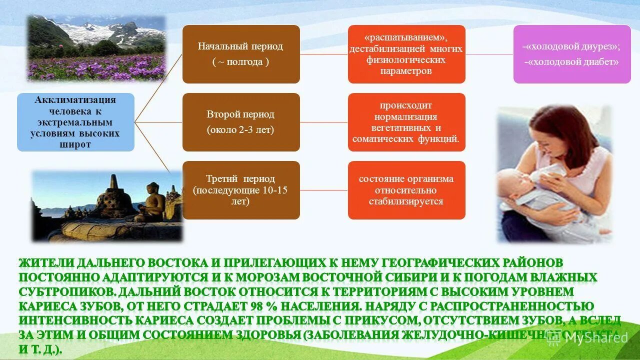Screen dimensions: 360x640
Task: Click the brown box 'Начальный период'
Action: coord(241,54)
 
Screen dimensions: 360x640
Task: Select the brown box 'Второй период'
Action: coord(241,122)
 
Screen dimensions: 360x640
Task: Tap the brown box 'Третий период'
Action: coord(241,190)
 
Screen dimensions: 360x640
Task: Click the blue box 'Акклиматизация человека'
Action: coord(75,122)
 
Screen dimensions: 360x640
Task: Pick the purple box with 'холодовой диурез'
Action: coord(572,54)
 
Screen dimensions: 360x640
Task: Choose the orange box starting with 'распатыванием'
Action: coord(406,54)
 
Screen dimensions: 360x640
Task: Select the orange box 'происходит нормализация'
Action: coord(406,122)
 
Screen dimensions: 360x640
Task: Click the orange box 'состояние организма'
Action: coord(406,190)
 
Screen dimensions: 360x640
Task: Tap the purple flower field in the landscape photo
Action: coord(95,67)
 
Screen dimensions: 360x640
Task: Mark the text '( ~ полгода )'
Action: coord(240,62)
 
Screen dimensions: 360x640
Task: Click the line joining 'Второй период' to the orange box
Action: coord(324,122)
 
